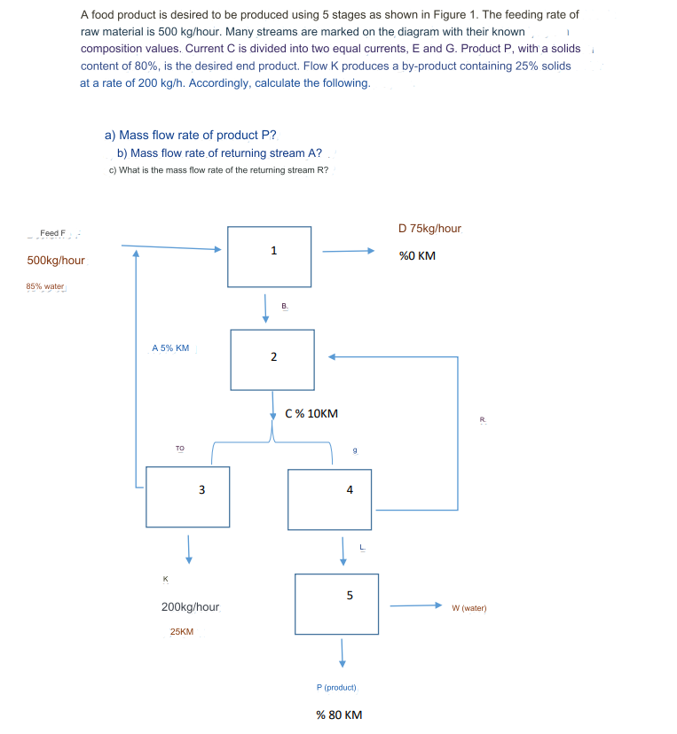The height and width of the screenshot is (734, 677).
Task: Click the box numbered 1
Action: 269,256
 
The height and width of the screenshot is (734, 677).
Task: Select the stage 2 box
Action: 272,359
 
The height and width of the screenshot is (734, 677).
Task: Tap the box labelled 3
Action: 187,496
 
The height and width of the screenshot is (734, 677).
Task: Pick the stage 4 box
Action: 329,499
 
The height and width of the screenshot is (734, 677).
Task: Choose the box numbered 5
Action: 336,604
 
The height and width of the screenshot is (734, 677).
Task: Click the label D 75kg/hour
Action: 430,229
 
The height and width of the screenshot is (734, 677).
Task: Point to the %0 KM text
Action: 417,256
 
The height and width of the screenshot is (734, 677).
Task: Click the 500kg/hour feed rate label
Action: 56,261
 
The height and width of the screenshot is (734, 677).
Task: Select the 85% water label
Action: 45,286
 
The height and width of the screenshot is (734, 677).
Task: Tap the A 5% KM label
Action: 170,348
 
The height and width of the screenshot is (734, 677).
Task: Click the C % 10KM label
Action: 311,413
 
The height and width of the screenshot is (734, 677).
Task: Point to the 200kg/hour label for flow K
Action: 190,607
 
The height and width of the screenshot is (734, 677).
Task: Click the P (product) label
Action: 336,687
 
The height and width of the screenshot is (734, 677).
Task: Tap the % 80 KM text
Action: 339,714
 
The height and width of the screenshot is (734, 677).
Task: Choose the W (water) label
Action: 468,608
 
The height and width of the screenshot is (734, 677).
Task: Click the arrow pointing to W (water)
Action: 415,605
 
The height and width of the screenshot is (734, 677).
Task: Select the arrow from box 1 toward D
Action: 349,250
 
